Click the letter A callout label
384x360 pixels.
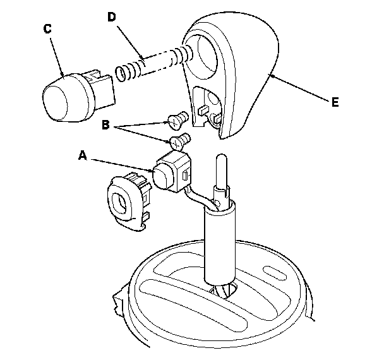83,155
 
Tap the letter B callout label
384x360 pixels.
105,124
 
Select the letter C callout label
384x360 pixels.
47,28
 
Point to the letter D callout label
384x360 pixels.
111,17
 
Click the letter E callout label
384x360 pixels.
335,102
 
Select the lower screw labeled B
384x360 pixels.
180,141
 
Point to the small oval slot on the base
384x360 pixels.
275,273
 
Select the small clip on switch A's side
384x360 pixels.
186,176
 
